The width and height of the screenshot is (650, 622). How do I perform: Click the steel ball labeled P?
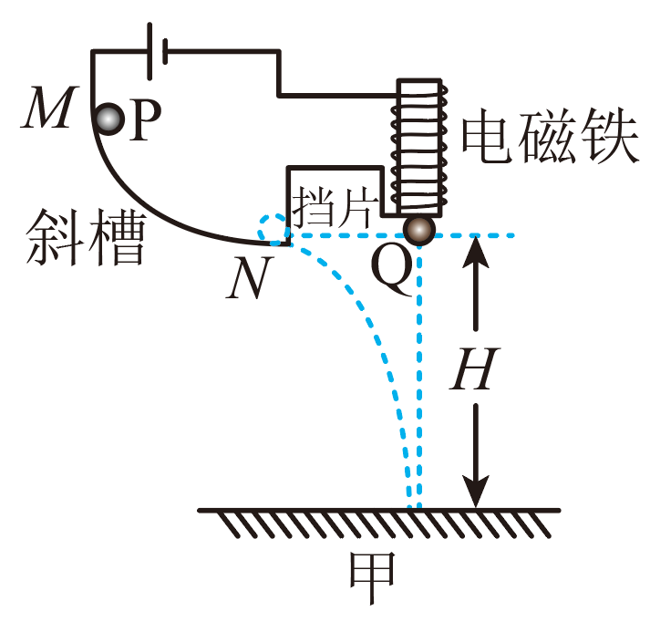click(109, 119)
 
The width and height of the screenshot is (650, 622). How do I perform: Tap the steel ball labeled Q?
click(418, 231)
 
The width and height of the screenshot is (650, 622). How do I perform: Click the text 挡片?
click(329, 206)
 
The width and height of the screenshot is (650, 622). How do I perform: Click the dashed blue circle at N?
click(272, 231)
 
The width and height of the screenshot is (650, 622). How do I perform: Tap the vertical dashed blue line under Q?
click(419, 383)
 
